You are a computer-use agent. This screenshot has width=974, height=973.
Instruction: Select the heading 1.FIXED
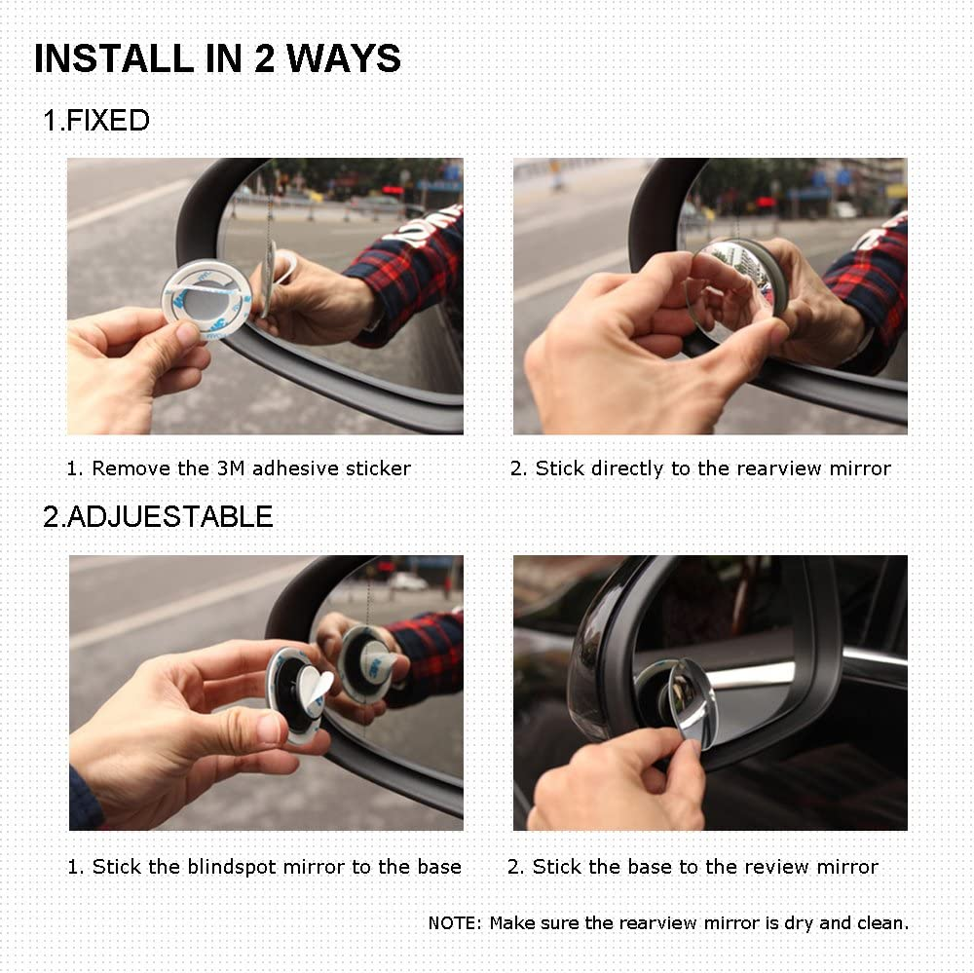point(96,121)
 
